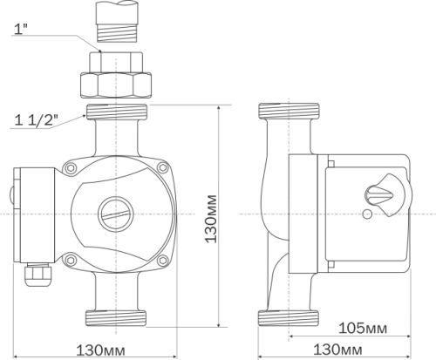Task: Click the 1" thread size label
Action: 21,29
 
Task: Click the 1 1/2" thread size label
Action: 36,119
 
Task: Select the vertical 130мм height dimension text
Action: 211,219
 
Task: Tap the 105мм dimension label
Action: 363,329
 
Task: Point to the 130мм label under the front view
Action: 100,350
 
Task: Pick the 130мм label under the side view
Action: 337,350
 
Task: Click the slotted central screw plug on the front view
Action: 116,214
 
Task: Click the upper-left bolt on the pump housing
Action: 71,168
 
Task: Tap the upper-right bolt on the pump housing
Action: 163,167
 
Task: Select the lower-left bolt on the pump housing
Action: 70,260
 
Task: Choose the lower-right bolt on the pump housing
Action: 163,261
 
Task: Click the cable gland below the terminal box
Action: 37,275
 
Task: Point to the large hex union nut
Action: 116,85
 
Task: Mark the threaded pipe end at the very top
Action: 117,22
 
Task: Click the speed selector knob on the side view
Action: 384,195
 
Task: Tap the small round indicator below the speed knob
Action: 367,214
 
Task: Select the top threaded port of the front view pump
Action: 116,112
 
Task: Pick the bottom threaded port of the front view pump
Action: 116,318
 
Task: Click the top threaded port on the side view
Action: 289,111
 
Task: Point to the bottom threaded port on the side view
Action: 289,318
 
